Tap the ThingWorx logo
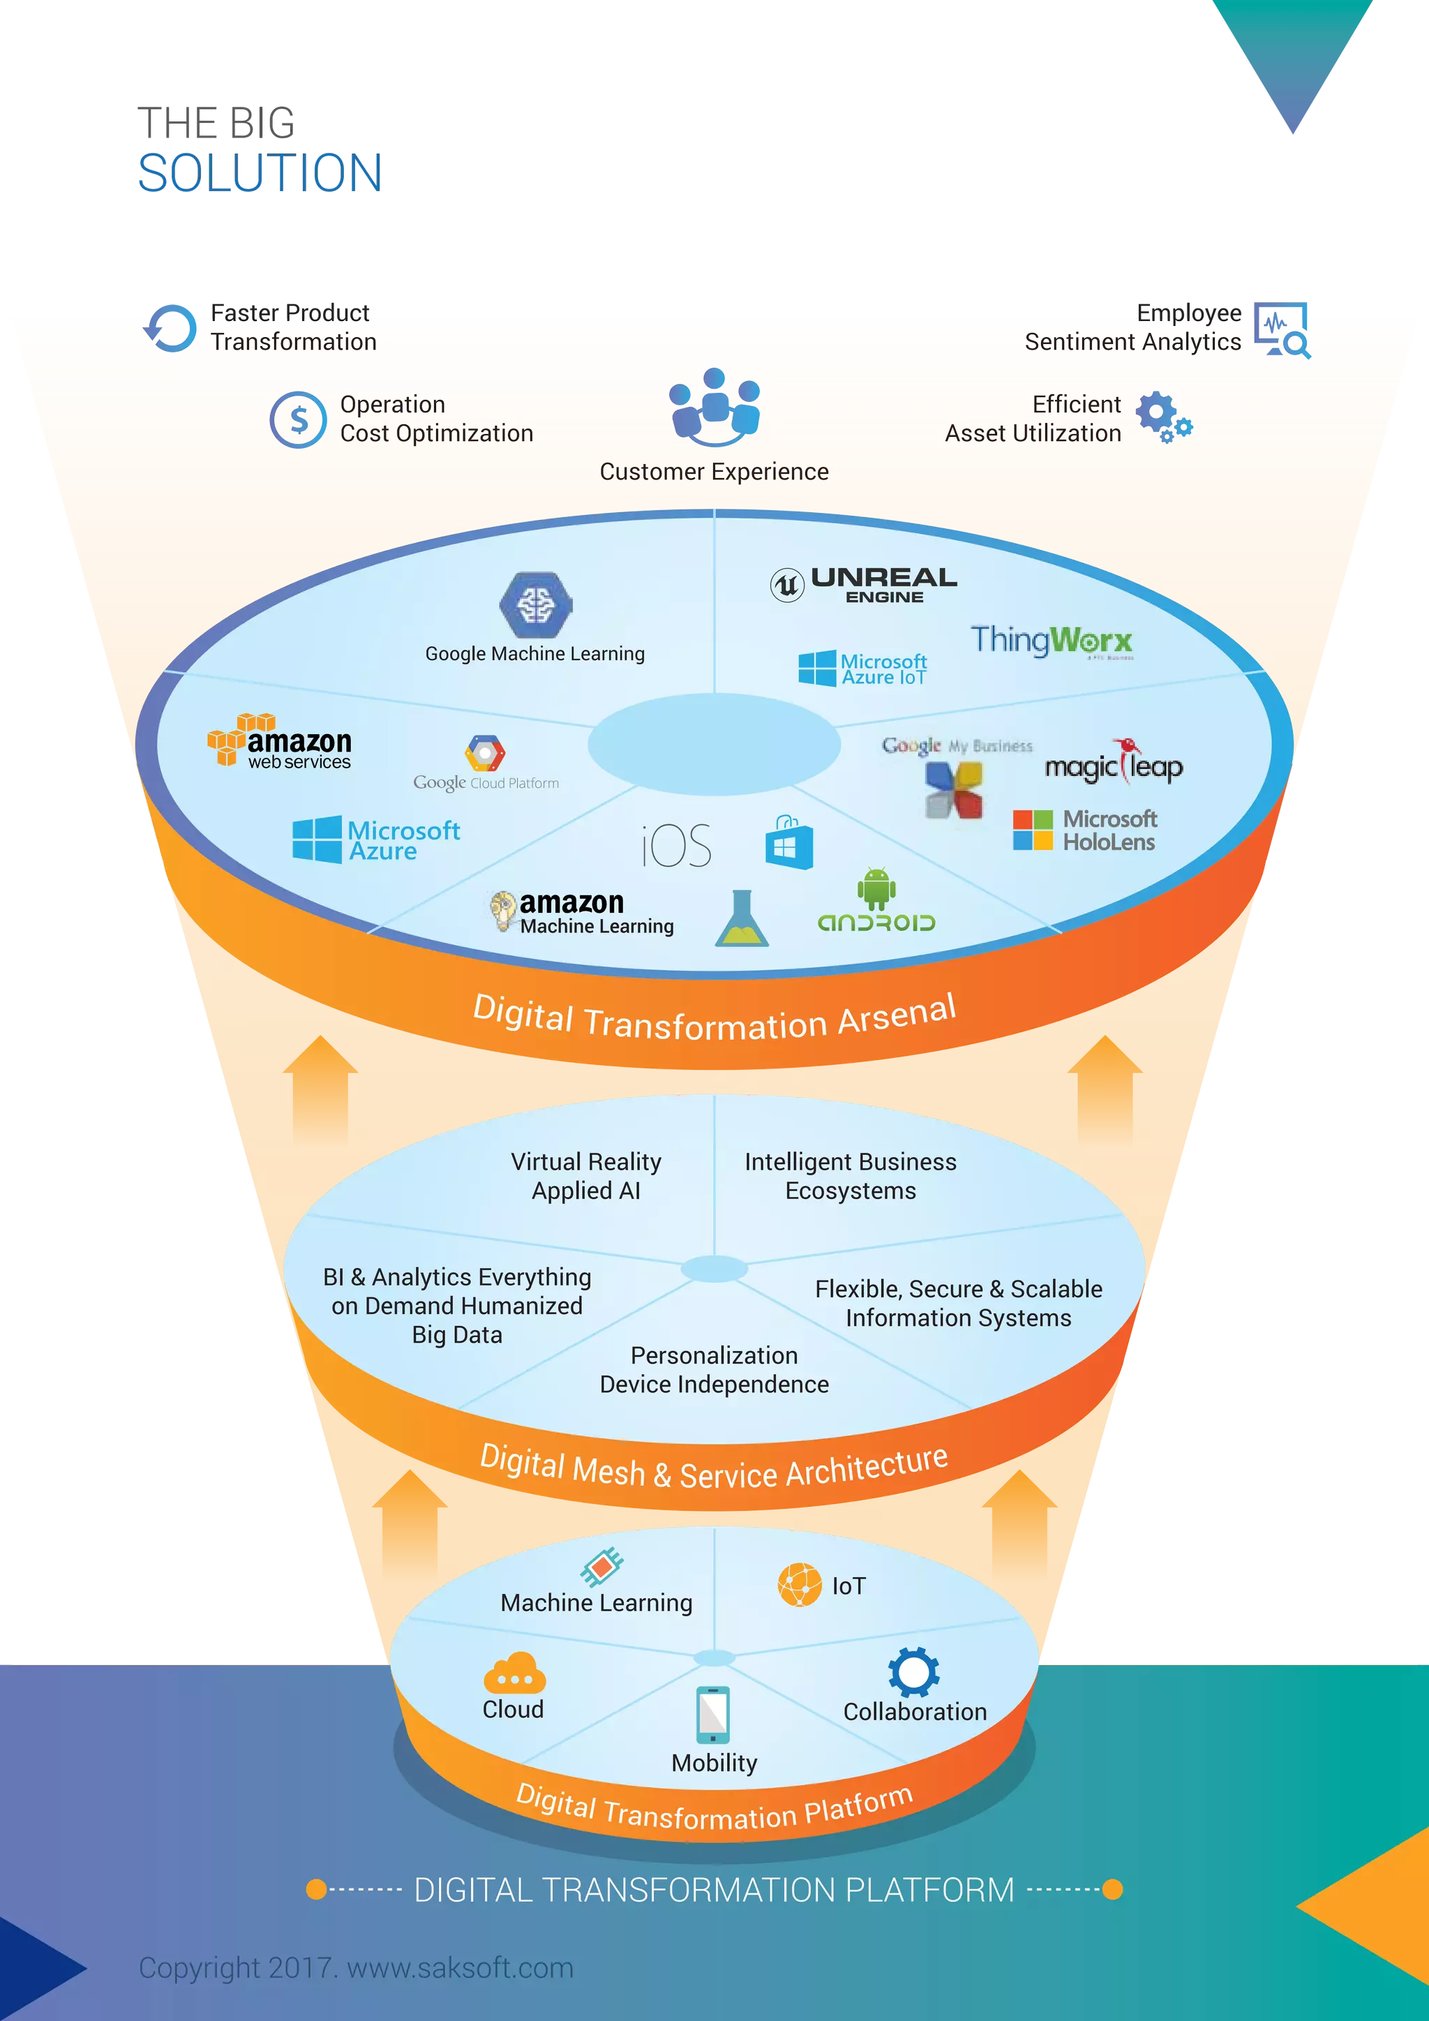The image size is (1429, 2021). pos(1051,640)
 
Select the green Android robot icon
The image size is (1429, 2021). pos(876,889)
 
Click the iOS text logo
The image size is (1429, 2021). pos(677,846)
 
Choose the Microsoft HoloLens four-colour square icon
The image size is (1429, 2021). pos(1032,830)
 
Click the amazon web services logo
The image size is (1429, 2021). pos(279,741)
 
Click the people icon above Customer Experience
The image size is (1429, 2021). pos(714,408)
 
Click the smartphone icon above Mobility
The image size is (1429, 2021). pos(712,1714)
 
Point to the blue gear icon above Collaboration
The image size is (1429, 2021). pos(913,1671)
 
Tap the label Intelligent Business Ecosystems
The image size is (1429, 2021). pos(850,1176)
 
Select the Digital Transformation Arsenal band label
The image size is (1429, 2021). pos(714,1018)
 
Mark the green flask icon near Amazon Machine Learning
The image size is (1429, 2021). pos(741,920)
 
